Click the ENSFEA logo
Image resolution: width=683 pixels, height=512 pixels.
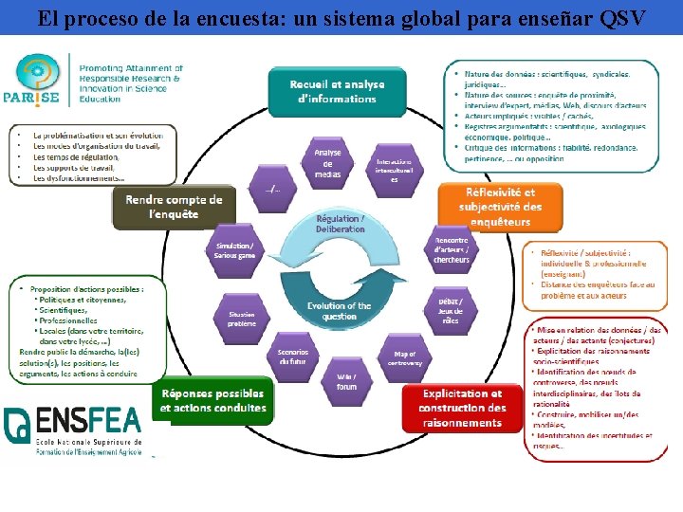click(x=74, y=431)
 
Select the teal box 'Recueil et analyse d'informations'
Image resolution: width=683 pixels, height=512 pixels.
click(x=338, y=91)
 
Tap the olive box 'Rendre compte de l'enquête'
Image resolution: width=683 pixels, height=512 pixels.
click(x=170, y=206)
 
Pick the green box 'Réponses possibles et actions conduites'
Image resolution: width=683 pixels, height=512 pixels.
click(x=212, y=400)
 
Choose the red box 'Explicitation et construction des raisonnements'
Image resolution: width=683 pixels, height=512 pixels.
click(x=462, y=407)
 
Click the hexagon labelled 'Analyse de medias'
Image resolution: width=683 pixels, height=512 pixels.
click(x=327, y=163)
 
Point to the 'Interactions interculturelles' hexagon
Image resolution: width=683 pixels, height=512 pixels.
click(x=394, y=170)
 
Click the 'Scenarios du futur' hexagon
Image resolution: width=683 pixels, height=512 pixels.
click(x=292, y=357)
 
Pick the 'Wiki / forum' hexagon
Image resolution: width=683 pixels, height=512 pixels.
click(x=346, y=381)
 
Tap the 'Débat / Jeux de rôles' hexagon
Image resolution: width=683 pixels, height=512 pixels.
click(x=450, y=312)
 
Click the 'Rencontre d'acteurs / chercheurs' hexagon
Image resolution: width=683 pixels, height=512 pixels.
click(x=452, y=249)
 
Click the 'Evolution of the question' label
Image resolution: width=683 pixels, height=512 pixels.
click(x=339, y=311)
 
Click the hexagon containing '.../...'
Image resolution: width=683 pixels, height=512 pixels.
click(x=272, y=186)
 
